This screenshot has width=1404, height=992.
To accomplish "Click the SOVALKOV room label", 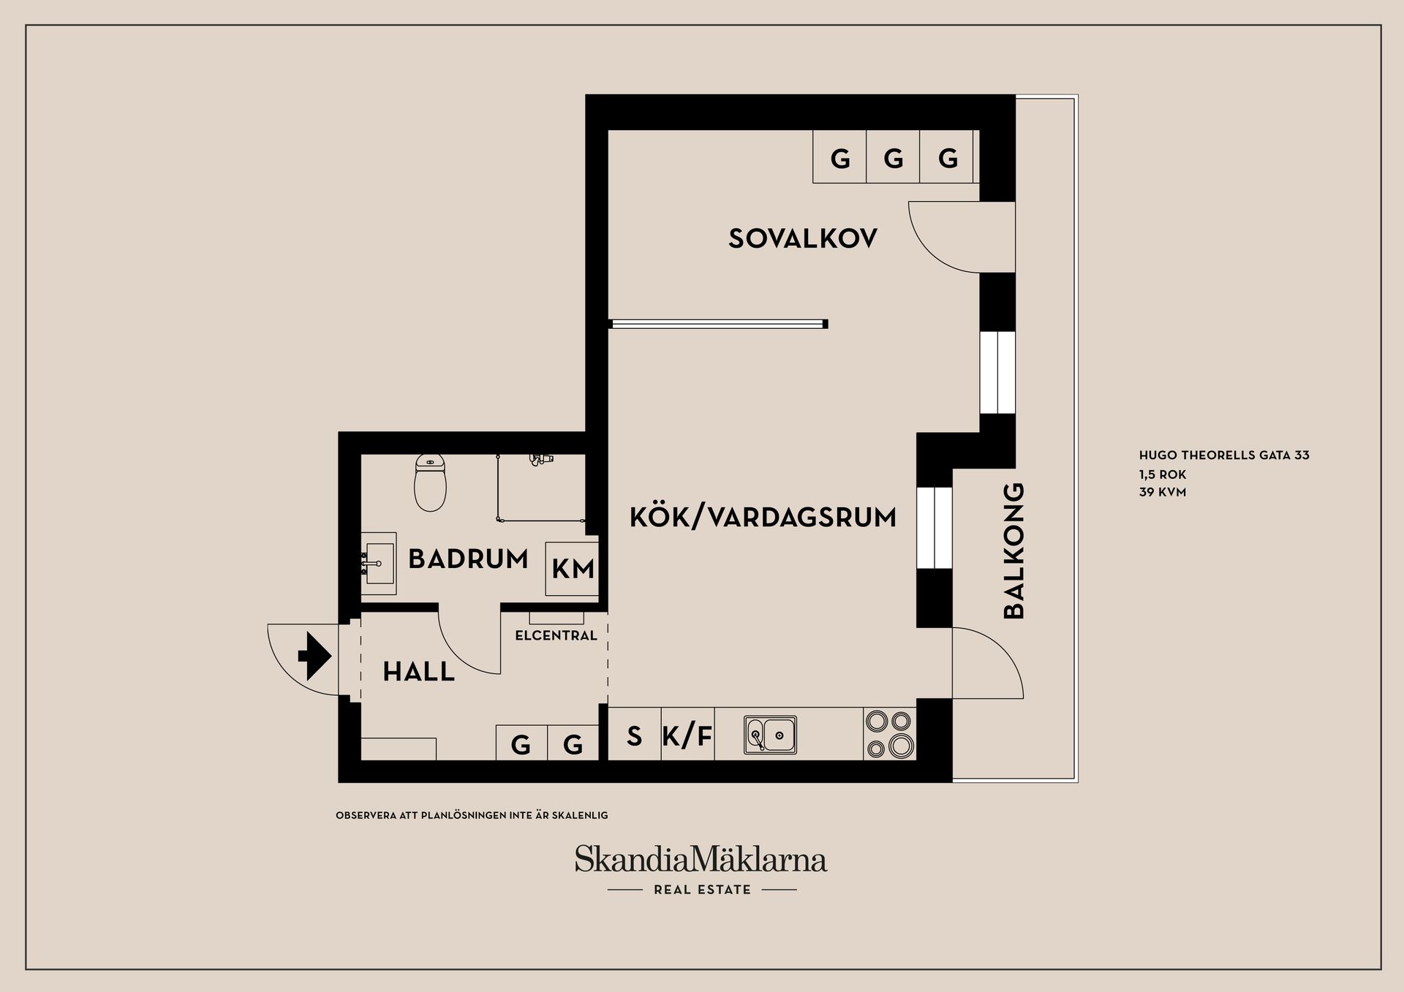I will click(x=802, y=238).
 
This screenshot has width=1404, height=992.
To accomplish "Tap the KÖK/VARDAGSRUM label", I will click(x=763, y=518).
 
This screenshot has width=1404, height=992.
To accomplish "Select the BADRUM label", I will click(x=468, y=559).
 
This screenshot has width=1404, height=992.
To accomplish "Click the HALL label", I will click(x=419, y=672).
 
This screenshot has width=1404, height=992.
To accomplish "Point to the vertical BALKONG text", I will click(x=1014, y=551).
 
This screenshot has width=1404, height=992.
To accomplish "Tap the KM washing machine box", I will click(x=573, y=569).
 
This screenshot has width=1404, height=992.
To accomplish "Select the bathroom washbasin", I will click(x=380, y=563).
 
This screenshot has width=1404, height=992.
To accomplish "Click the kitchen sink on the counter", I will click(x=770, y=734).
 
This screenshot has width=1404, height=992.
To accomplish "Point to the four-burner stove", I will click(x=889, y=734).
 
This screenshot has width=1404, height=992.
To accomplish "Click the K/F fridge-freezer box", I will click(x=687, y=735).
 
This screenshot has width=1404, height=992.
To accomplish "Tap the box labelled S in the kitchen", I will click(x=634, y=735).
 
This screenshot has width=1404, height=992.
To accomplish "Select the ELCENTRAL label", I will click(x=556, y=636).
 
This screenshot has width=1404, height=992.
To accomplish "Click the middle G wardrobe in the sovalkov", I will click(x=893, y=157).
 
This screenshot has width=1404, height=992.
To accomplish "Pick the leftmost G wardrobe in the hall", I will click(x=521, y=744).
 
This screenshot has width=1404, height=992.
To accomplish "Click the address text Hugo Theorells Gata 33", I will click(x=1223, y=455).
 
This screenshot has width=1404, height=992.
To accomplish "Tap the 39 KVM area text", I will click(x=1162, y=493).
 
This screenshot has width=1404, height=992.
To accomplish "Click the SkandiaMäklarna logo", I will click(x=701, y=860).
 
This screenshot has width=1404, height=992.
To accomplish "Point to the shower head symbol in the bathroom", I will click(x=540, y=459).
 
